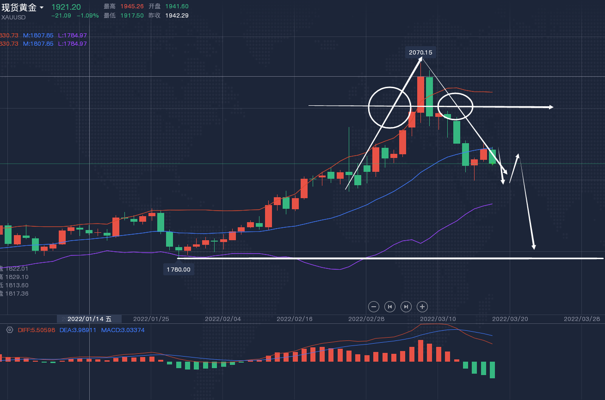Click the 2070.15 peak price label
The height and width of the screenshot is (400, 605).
tap(420, 53)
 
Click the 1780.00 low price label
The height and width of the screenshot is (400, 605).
tap(179, 269)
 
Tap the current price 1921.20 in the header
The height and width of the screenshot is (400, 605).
tap(66, 7)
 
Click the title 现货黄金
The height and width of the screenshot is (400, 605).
tap(19, 7)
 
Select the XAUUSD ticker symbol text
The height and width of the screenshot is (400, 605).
tap(13, 18)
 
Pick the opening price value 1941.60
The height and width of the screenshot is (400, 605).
tap(177, 6)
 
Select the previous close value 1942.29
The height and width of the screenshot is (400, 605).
tap(177, 15)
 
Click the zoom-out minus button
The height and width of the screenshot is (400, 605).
tap(374, 306)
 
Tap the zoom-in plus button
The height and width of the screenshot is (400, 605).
tap(422, 306)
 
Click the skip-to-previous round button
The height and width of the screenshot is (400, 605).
tap(390, 306)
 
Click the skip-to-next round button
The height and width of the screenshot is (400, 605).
tap(406, 306)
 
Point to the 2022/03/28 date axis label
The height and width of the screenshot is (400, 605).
tap(581, 319)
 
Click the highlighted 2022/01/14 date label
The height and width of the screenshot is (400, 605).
tap(89, 319)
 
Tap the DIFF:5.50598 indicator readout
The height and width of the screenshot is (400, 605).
tap(37, 330)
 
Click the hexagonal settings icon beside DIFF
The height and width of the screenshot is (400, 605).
tap(10, 330)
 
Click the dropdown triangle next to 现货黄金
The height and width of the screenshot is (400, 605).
tap(42, 8)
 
